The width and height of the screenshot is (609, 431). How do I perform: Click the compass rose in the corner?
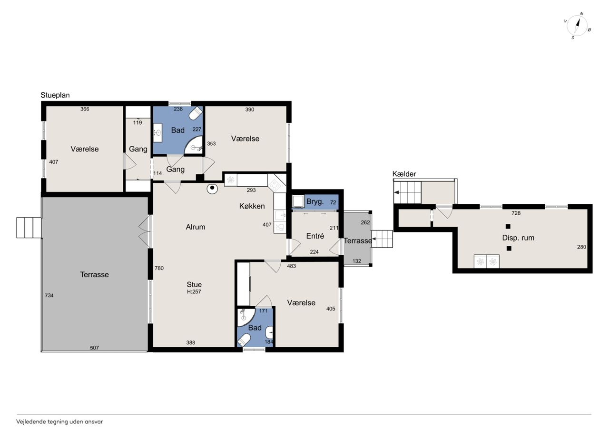pyautogui.click(x=577, y=26)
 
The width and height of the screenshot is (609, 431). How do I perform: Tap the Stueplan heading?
pyautogui.click(x=55, y=95)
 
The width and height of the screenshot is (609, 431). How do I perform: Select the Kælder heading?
pyautogui.click(x=404, y=174)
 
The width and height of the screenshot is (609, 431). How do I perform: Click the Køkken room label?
pyautogui.click(x=252, y=206)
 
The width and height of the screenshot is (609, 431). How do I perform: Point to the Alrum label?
pyautogui.click(x=196, y=227)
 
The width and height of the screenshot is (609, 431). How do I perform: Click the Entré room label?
pyautogui.click(x=315, y=236)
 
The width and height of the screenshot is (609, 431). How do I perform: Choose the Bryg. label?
pyautogui.click(x=315, y=201)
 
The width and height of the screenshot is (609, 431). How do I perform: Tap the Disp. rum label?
pyautogui.click(x=518, y=238)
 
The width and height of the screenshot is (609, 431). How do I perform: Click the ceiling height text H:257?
pyautogui.click(x=194, y=291)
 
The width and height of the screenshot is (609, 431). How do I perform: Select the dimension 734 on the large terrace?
pyautogui.click(x=49, y=295)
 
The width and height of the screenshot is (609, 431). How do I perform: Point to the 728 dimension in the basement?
pyautogui.click(x=516, y=213)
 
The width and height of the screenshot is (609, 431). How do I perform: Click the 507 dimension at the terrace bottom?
pyautogui.click(x=94, y=348)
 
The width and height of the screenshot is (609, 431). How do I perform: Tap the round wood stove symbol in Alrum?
pyautogui.click(x=212, y=189)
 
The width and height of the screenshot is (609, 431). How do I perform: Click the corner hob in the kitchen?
pyautogui.click(x=276, y=183)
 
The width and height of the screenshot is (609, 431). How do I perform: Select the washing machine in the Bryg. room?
pyautogui.click(x=298, y=201)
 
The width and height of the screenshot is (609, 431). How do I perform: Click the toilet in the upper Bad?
pyautogui.click(x=195, y=113)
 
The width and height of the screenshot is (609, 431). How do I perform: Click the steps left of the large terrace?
pyautogui.click(x=29, y=228)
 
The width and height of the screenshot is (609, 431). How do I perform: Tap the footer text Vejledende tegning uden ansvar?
pyautogui.click(x=59, y=422)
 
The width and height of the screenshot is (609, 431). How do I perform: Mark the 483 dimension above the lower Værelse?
pyautogui.click(x=291, y=266)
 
